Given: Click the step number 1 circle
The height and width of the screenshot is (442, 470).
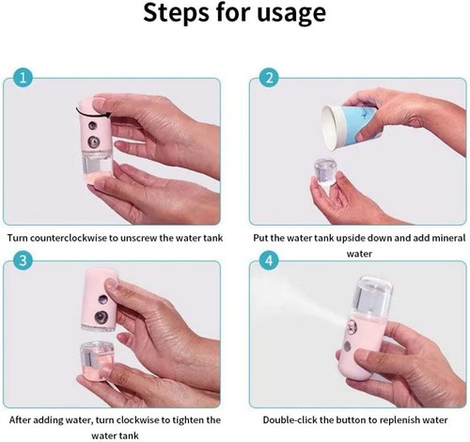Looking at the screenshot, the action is [23, 77].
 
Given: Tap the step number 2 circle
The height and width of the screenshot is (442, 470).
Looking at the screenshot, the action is [269, 77].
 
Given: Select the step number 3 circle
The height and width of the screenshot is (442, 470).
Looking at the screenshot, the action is [23, 260].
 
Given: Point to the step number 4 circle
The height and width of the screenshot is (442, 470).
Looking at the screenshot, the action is [269, 260].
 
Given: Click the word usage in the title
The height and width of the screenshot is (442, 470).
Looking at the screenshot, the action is [291, 13].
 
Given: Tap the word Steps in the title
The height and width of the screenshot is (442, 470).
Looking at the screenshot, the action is [176, 12].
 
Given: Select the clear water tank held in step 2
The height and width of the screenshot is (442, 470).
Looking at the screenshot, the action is [326, 172].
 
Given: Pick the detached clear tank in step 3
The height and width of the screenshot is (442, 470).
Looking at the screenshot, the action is [97, 360].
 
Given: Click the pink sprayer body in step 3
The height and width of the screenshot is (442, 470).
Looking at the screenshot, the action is [100, 299].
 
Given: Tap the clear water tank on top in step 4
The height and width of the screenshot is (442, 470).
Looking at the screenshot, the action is [373, 296].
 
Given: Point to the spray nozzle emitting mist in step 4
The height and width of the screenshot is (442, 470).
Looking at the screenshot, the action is [352, 326].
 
